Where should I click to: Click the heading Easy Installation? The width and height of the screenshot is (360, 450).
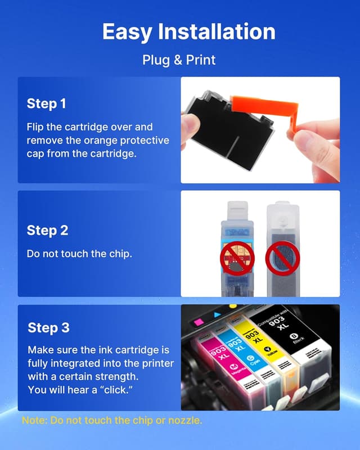188,31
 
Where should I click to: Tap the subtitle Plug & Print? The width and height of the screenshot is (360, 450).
179,60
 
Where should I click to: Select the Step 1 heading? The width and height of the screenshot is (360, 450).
47,103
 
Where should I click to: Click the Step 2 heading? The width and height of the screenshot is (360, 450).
47,231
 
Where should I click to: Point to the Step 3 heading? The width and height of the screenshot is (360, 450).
48,328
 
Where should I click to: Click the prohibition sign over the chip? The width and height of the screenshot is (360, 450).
237,258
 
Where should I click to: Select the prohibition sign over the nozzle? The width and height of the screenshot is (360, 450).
282,258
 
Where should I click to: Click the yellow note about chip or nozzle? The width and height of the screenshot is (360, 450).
112,420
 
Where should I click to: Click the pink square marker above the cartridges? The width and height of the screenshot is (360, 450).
199,322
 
